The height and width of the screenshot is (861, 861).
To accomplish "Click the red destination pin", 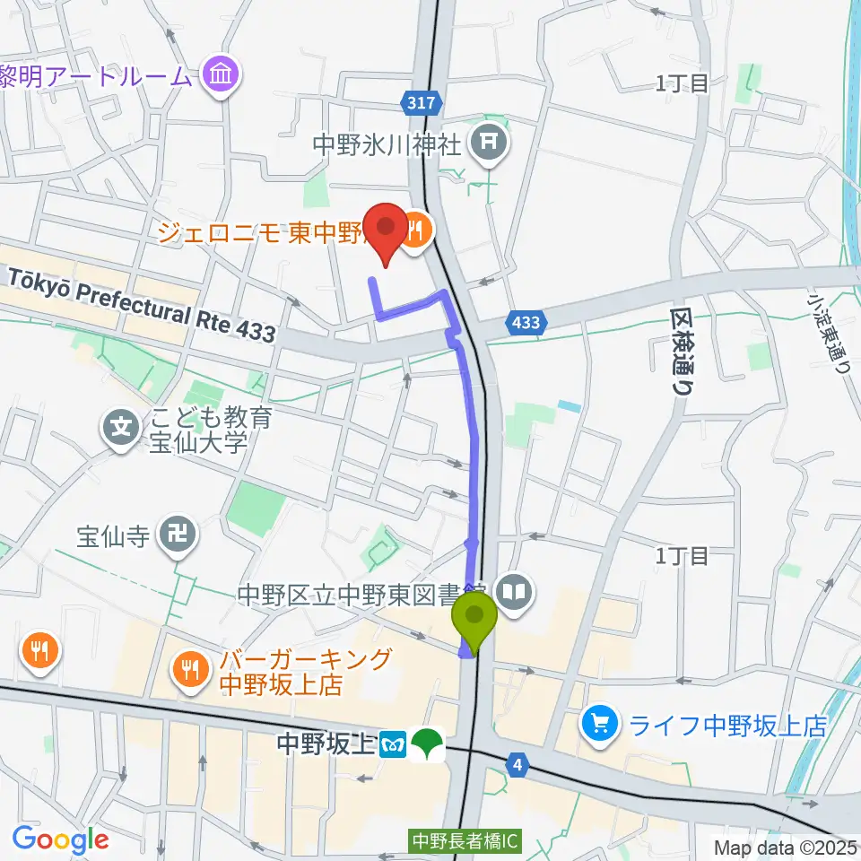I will pyautogui.click(x=387, y=229).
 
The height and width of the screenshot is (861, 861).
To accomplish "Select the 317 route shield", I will pyautogui.click(x=426, y=104).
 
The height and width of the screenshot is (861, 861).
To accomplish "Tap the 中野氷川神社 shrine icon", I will pyautogui.click(x=490, y=141).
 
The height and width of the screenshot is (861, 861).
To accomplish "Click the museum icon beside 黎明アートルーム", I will pyautogui.click(x=220, y=75).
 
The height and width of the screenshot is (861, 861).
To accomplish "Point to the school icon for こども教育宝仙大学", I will pyautogui.click(x=122, y=426).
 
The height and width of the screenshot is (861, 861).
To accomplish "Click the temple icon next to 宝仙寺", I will pyautogui.click(x=172, y=536).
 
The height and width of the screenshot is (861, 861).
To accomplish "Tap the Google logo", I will pyautogui.click(x=60, y=839).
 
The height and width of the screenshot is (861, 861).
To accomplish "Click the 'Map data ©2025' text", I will pyautogui.click(x=785, y=847).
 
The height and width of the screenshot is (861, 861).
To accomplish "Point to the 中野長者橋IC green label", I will pyautogui.click(x=465, y=842).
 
